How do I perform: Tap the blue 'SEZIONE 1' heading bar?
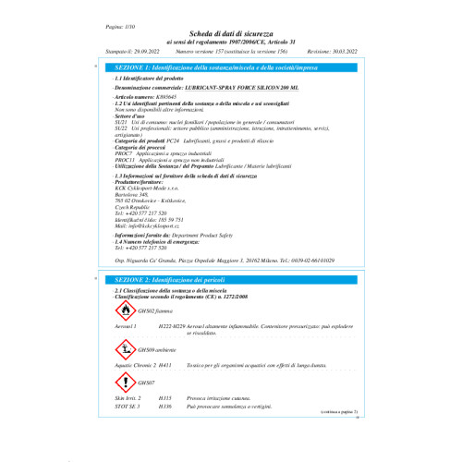point(231,68)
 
